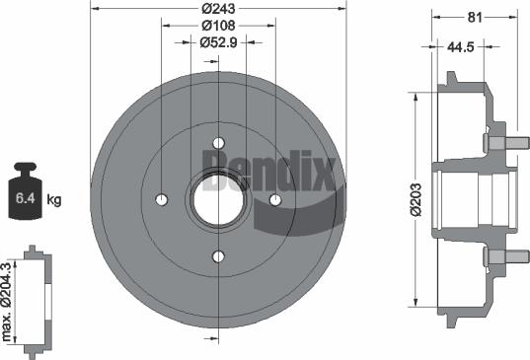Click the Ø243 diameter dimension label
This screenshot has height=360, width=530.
click(218, 8)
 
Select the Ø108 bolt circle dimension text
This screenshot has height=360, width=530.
click(218, 25)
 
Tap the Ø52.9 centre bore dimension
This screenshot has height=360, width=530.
click(218, 41)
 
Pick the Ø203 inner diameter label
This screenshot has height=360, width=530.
click(415, 197)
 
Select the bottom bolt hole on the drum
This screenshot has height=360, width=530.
click(218, 257)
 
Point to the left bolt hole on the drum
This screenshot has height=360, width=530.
click(161, 200)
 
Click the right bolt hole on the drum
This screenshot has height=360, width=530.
click(275, 200)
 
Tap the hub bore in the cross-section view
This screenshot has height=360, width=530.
click(474, 198)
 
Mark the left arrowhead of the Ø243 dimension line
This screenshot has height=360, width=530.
click(94, 9)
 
